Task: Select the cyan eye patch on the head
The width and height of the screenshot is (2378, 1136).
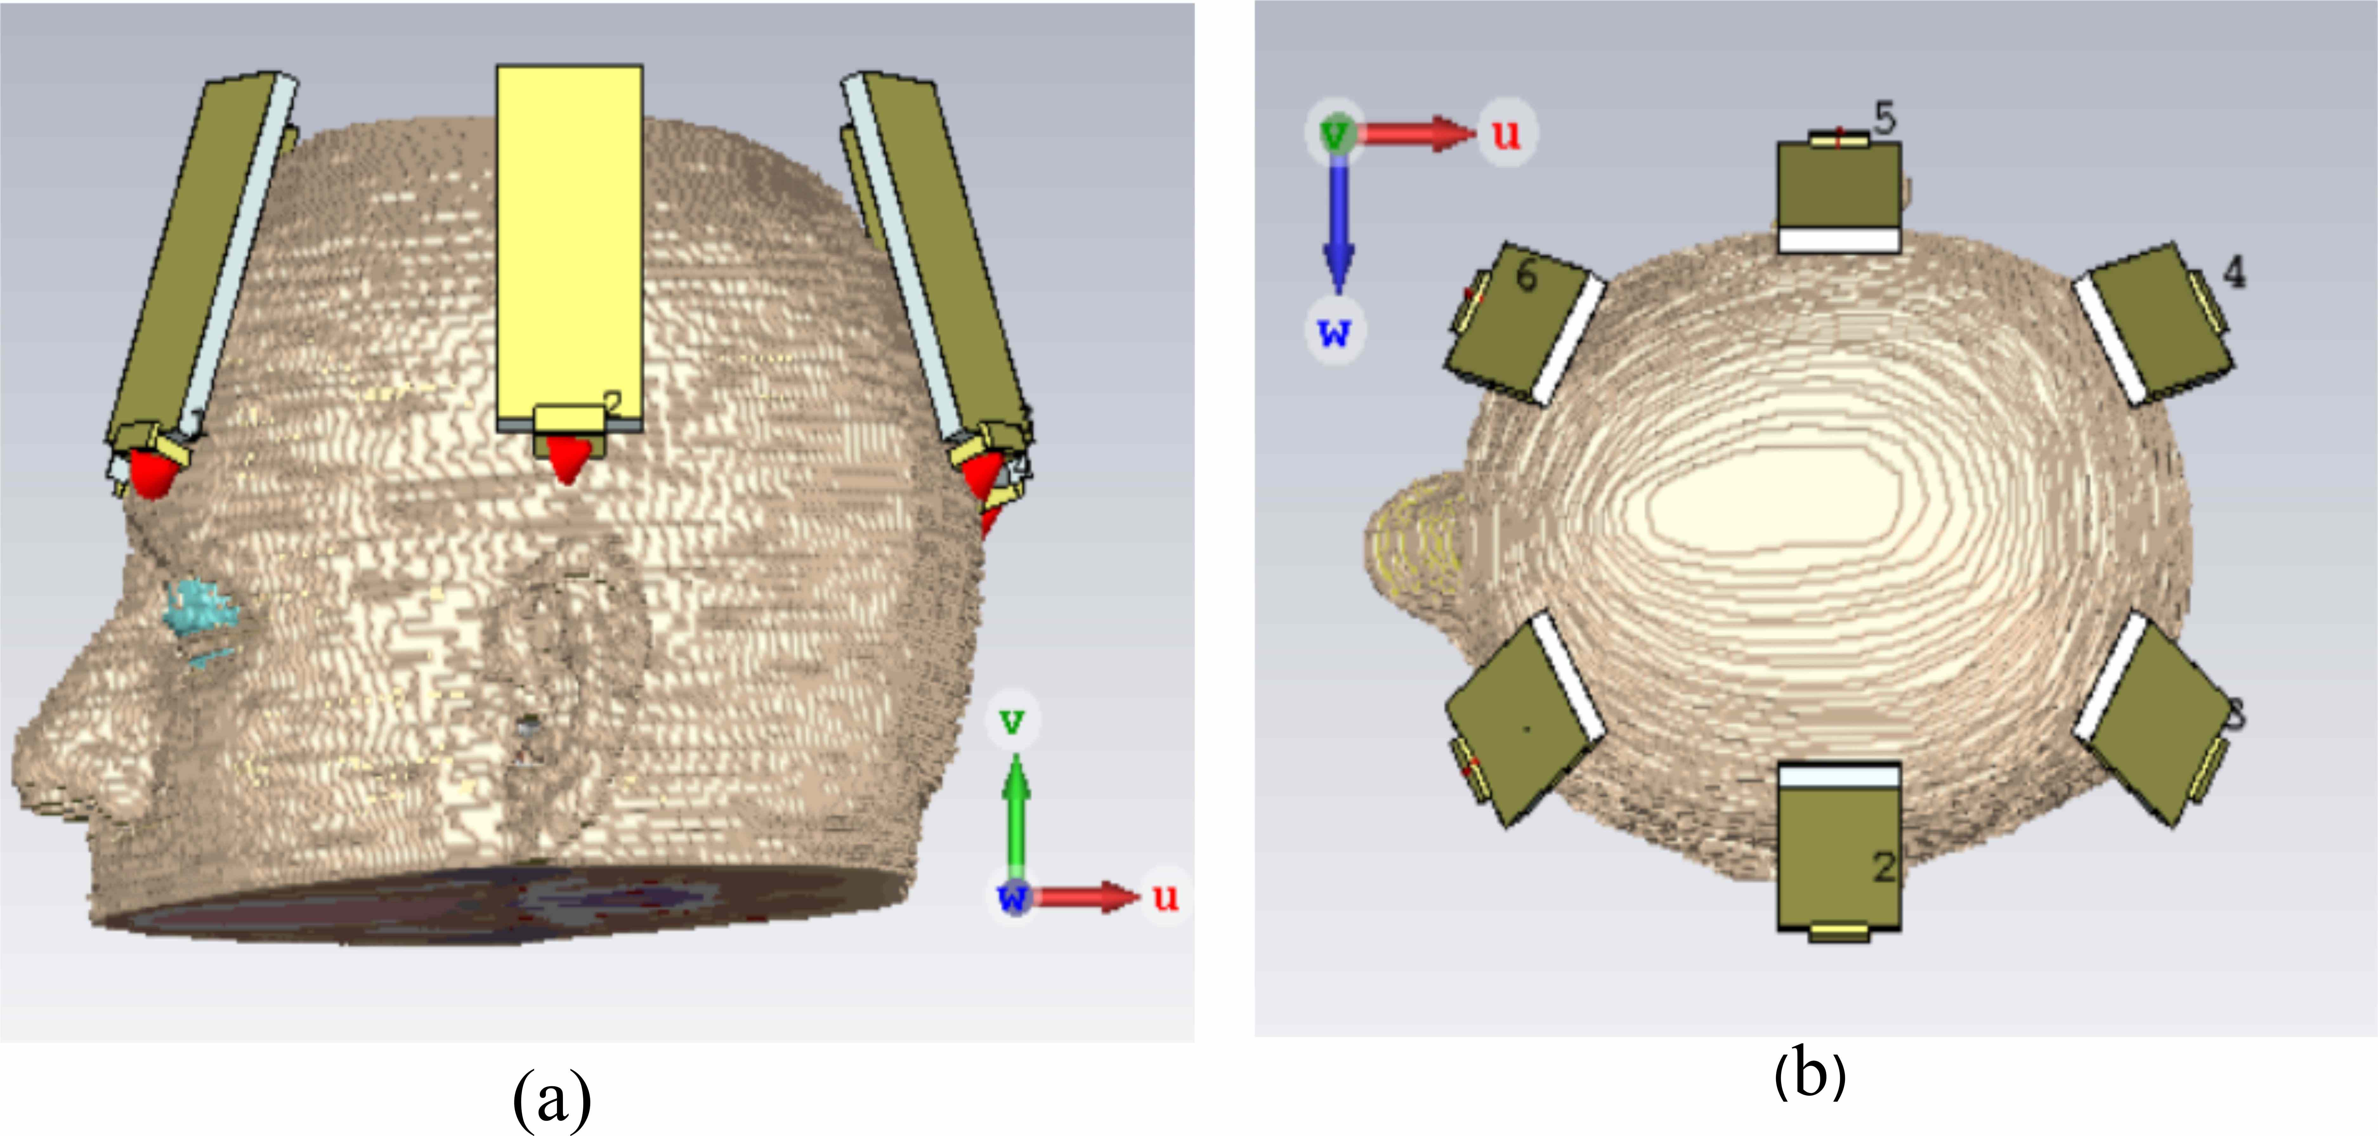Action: (x=199, y=609)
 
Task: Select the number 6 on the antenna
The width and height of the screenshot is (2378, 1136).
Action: (x=1527, y=275)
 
